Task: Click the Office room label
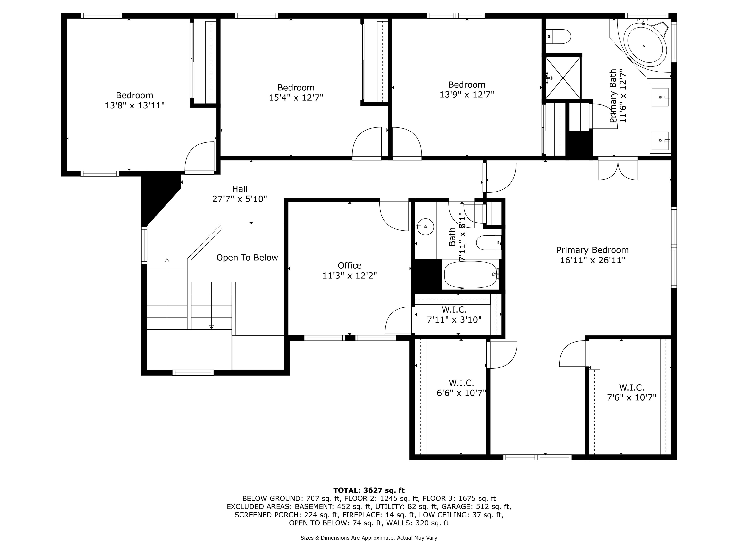pos(349,265)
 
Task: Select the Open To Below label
pos(247,258)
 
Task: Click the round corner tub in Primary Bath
pos(644,46)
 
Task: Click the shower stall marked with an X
pos(563,78)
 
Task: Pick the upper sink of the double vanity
pos(660,97)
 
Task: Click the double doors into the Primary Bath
pos(618,169)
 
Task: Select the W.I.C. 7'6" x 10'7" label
pos(631,392)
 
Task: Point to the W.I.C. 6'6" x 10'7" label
pos(461,388)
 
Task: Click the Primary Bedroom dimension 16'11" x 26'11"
pos(592,260)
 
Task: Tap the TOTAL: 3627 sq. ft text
pos(369,490)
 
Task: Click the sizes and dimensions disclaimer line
pos(369,538)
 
